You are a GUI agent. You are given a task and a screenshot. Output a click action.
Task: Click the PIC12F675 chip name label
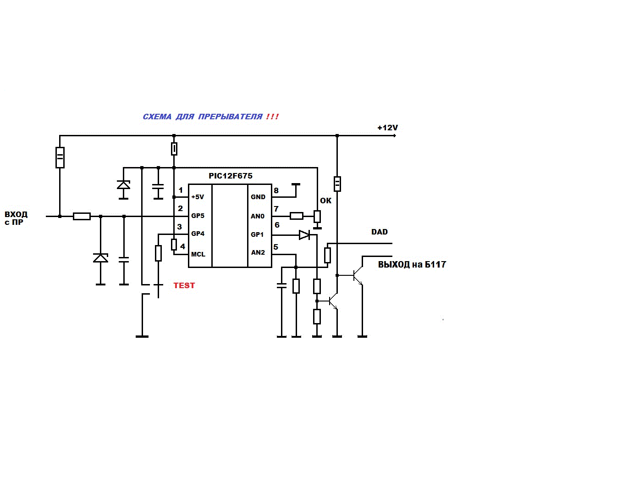[230, 176]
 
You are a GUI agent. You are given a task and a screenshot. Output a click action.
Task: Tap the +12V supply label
[387, 128]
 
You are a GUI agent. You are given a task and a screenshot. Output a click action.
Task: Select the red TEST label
[184, 285]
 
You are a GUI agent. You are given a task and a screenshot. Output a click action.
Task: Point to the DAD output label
[380, 232]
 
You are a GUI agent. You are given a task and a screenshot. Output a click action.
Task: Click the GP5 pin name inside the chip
[198, 216]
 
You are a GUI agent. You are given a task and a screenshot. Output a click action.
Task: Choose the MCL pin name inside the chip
[198, 254]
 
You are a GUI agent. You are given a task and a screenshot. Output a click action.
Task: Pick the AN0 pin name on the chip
[258, 216]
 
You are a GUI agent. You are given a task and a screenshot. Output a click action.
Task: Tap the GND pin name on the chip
[258, 197]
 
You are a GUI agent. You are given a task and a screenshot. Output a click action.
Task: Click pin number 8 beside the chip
[276, 191]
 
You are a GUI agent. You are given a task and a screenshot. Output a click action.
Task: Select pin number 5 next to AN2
[275, 247]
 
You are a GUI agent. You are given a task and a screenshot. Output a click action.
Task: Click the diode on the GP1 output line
[304, 235]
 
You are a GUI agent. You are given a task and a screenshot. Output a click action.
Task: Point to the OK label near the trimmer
[325, 201]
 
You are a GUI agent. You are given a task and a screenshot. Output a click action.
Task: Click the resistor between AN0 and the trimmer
[297, 216]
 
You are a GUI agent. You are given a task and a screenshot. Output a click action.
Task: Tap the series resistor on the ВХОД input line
[82, 217]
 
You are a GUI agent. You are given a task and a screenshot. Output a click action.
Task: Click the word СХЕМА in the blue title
[157, 117]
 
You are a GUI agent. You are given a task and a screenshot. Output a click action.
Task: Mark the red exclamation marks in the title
[272, 117]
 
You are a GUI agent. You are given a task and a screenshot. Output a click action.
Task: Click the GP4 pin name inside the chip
[198, 234]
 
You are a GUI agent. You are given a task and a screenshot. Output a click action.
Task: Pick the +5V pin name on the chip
[198, 197]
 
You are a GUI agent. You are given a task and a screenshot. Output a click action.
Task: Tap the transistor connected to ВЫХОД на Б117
[358, 275]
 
